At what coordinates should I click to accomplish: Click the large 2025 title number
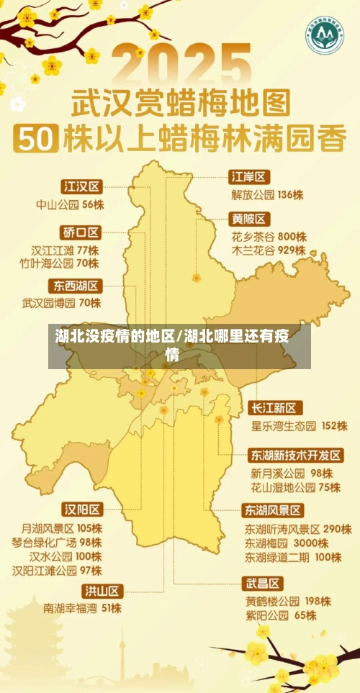pos(180,65)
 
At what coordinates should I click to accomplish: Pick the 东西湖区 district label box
pos(76,285)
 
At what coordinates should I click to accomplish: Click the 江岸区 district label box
pos(249,176)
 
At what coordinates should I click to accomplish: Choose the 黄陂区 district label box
pos(249,219)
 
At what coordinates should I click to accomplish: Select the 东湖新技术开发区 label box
pos(296,456)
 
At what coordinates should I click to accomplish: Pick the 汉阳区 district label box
pos(82,509)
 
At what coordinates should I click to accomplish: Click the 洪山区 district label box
pos(103,591)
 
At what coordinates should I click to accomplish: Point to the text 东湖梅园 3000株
pos(287,543)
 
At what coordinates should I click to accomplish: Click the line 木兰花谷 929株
pos(268,250)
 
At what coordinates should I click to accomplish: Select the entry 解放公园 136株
pos(267,194)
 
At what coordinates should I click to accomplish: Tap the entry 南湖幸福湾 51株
pos(82,608)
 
